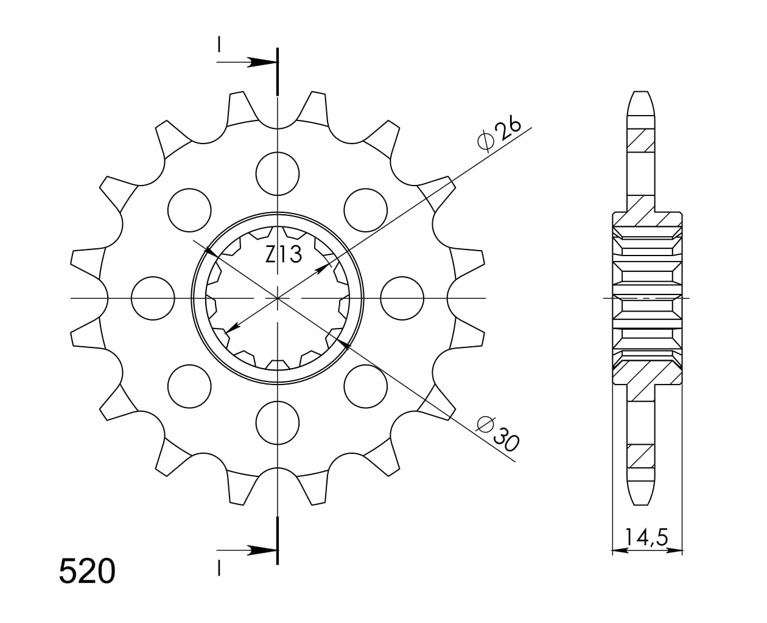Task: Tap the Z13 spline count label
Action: pos(283,254)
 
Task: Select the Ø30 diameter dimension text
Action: pos(498,434)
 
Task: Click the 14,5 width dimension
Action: pos(646,537)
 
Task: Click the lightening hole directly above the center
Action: pos(278,173)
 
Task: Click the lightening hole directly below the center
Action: pos(278,423)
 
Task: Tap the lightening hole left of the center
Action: pos(153,298)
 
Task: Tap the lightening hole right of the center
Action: pos(402,298)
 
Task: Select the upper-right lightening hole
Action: pos(365,210)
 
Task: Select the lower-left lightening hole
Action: pos(189,386)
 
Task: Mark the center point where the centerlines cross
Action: pos(278,298)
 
